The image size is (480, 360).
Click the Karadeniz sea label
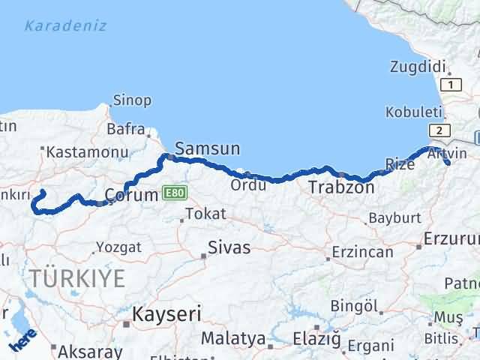65,26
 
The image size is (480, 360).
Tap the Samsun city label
208,148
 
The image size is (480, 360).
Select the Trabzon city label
341,187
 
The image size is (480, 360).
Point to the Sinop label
132,100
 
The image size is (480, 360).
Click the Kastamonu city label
87,152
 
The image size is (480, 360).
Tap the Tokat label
205,214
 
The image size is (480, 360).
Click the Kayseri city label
166,313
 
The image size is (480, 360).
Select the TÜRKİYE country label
78,278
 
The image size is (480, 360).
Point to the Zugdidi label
418,66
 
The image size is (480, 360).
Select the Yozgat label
118,247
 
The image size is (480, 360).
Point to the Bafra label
126,130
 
